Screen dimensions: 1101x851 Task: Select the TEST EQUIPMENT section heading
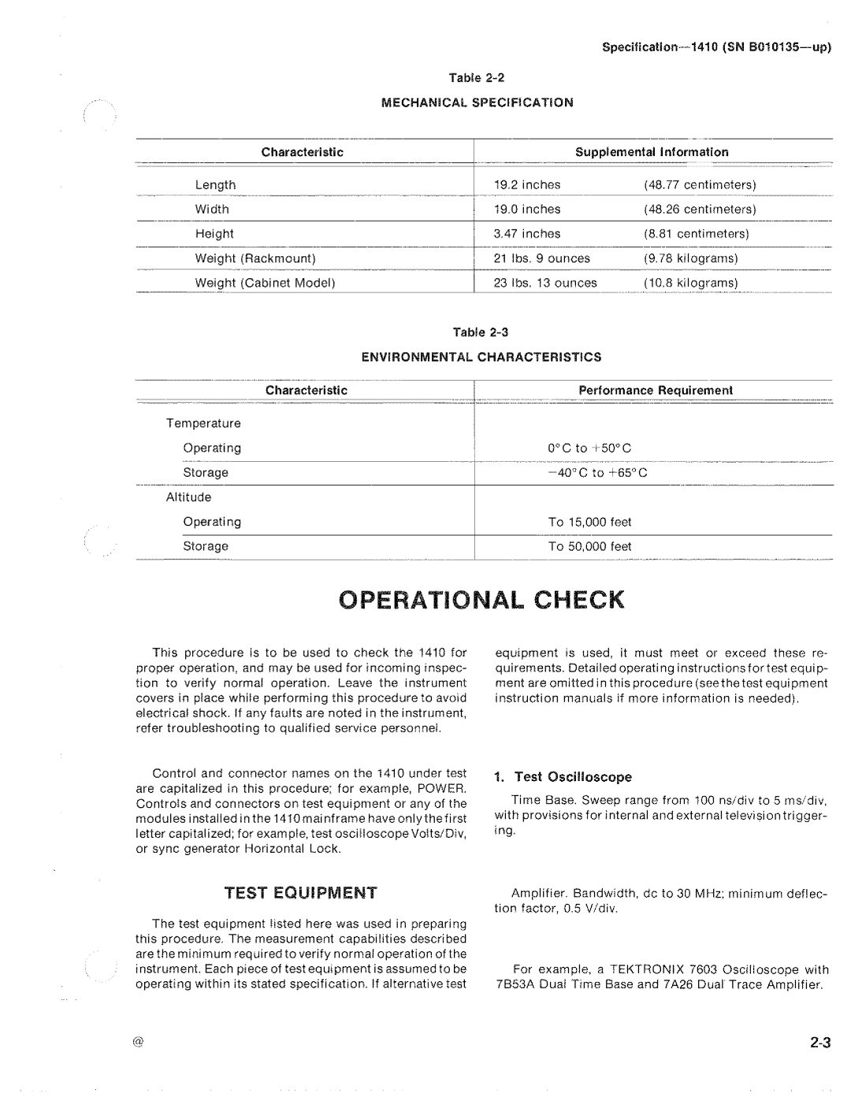coord(301,893)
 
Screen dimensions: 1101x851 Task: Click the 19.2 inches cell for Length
coord(527,185)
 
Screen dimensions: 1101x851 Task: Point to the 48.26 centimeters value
coord(700,210)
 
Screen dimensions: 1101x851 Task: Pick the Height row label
coord(214,234)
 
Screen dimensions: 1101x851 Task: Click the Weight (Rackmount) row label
coord(255,259)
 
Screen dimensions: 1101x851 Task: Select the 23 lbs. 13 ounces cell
coord(545,283)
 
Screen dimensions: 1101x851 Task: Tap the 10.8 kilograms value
coord(690,283)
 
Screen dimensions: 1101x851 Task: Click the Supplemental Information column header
coord(652,152)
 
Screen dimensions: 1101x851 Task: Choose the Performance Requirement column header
coord(656,390)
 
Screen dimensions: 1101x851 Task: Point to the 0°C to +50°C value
coord(590,448)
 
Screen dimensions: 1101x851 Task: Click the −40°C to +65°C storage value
coord(596,473)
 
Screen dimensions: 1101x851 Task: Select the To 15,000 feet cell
coord(590,522)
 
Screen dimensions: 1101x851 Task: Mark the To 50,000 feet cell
coord(590,546)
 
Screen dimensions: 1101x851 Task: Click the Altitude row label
coord(188,497)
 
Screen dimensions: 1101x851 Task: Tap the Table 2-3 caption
coord(481,332)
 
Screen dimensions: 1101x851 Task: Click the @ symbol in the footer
coord(139,1042)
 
